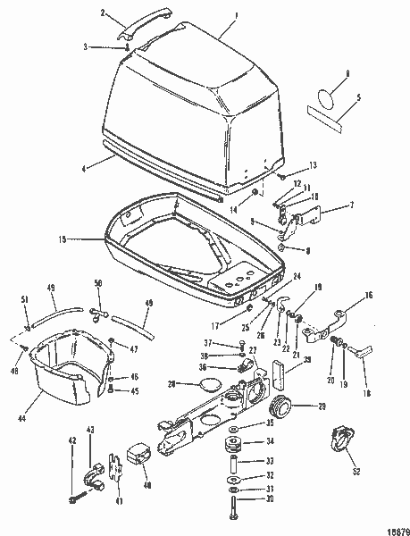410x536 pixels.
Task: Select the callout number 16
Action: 369,294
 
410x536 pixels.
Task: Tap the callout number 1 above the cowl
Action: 236,14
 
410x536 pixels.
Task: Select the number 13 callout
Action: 313,165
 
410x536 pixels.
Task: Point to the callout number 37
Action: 206,342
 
